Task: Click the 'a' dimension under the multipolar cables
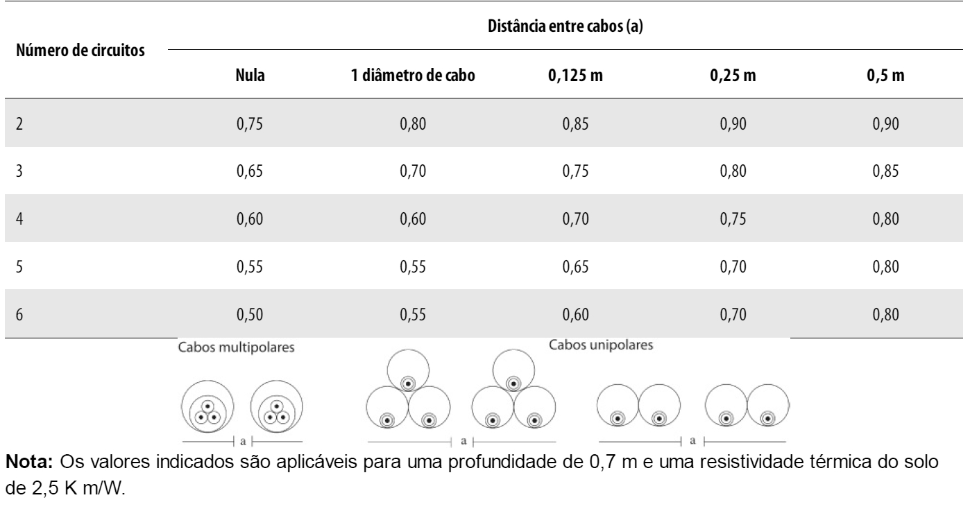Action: click(x=241, y=440)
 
